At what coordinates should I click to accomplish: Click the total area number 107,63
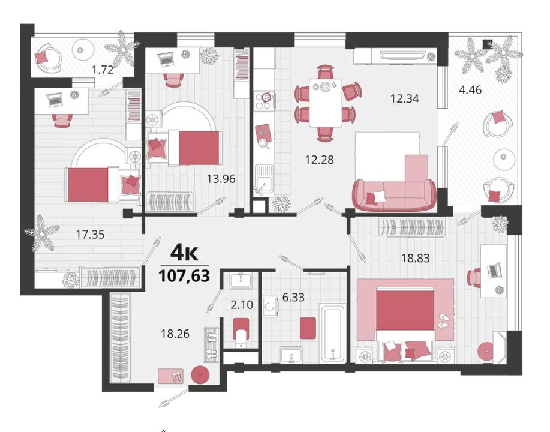click(184, 275)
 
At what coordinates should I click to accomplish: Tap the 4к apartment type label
click(184, 253)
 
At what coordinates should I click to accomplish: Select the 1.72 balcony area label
click(103, 70)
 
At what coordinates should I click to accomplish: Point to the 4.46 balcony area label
click(470, 90)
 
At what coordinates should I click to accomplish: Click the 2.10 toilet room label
click(242, 305)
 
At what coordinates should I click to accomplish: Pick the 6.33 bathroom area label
click(293, 298)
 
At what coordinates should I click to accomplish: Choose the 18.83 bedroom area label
click(415, 258)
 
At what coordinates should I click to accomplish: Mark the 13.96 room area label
click(221, 179)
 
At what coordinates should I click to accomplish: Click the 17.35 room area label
click(90, 235)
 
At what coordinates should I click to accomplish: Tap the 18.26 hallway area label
click(175, 334)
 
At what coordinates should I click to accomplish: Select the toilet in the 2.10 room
click(241, 332)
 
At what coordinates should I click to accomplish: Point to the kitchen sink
click(264, 179)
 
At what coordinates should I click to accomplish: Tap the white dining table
click(326, 102)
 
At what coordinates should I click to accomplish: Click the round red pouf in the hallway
click(201, 374)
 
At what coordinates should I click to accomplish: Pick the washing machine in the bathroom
click(269, 307)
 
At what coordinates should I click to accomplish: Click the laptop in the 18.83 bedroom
click(494, 271)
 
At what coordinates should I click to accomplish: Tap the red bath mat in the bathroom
click(309, 328)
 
